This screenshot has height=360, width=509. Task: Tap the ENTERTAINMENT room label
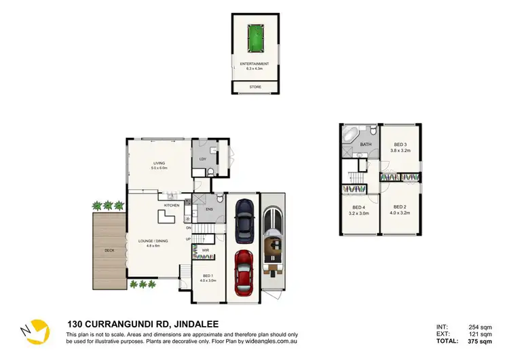click(255, 64)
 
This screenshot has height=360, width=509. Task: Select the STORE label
click(255, 86)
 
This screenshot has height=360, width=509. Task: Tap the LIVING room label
click(159, 163)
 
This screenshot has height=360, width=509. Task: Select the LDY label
click(202, 160)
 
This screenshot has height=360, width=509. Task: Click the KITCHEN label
click(171, 204)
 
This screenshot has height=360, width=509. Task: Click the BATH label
click(366, 145)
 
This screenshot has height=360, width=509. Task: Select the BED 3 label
click(400, 144)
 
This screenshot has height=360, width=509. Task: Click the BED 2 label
click(400, 209)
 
